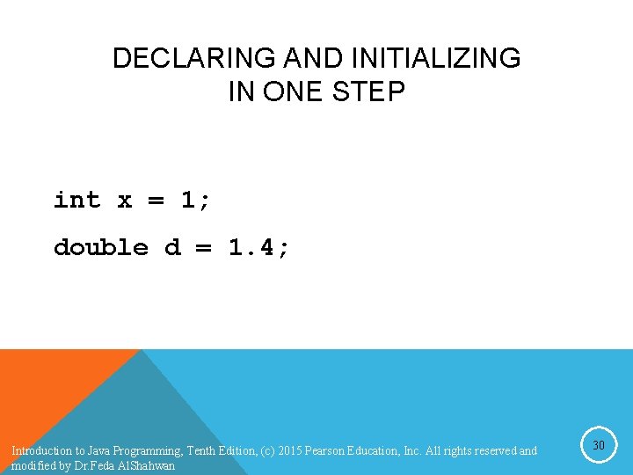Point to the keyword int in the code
coord(77,200)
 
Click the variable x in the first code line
coord(125,201)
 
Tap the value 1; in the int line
coord(195,201)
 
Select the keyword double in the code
coord(101,247)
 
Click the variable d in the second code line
coord(172,247)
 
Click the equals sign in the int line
coord(156,201)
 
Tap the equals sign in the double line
coord(203,248)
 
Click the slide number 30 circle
coord(598,446)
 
